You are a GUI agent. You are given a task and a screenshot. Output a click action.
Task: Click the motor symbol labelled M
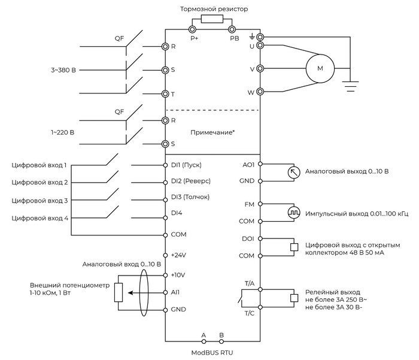coord(320,69)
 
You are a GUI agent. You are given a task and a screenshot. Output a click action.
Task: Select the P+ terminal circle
coord(193,29)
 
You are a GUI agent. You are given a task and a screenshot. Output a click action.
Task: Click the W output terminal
coord(260,92)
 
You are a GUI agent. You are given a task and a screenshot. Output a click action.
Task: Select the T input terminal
coord(165,93)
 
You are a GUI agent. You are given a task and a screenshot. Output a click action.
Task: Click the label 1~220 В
coord(63,131)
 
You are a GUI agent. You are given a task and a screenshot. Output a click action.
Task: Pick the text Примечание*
coord(212,132)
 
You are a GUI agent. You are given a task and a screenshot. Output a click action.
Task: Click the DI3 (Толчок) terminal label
coord(190,196)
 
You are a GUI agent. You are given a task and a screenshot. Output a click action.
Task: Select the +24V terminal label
coord(179,255)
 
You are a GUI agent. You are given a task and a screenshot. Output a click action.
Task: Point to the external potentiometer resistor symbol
coord(119,292)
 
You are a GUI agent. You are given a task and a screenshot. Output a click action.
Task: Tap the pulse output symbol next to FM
coord(293,213)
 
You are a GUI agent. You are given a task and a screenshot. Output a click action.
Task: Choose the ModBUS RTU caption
coord(212,352)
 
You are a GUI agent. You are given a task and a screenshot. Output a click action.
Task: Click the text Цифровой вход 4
coord(40,219)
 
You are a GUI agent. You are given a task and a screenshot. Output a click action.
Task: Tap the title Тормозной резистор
coord(214,9)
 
